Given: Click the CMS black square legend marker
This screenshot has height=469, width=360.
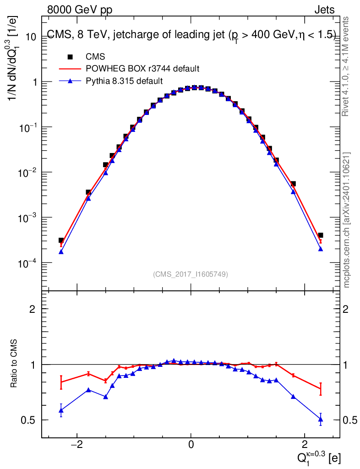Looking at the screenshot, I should tap(70, 57).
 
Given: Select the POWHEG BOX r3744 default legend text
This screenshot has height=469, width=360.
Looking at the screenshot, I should tap(142, 69).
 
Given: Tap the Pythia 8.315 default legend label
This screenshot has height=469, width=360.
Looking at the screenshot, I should tap(124, 81).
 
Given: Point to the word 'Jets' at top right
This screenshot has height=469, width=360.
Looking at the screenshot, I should tap(324, 10).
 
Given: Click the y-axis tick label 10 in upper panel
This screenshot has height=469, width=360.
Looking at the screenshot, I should tap(30, 37).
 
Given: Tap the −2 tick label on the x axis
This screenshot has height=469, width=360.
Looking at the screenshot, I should tap(77, 445).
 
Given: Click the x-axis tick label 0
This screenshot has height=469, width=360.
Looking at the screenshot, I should tap(191, 445).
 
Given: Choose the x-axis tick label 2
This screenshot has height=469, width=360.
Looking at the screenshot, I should tap(305, 445).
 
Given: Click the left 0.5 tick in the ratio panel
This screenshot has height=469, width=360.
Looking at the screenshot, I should tap(30, 420).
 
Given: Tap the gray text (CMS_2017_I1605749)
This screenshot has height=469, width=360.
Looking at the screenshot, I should tap(191, 274).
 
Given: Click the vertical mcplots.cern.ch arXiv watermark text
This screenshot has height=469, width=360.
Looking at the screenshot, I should tap(347, 220).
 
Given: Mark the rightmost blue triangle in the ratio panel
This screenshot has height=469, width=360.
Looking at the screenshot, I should tap(321, 419).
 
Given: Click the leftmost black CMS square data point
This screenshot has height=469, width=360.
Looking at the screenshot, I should tap(61, 240).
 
